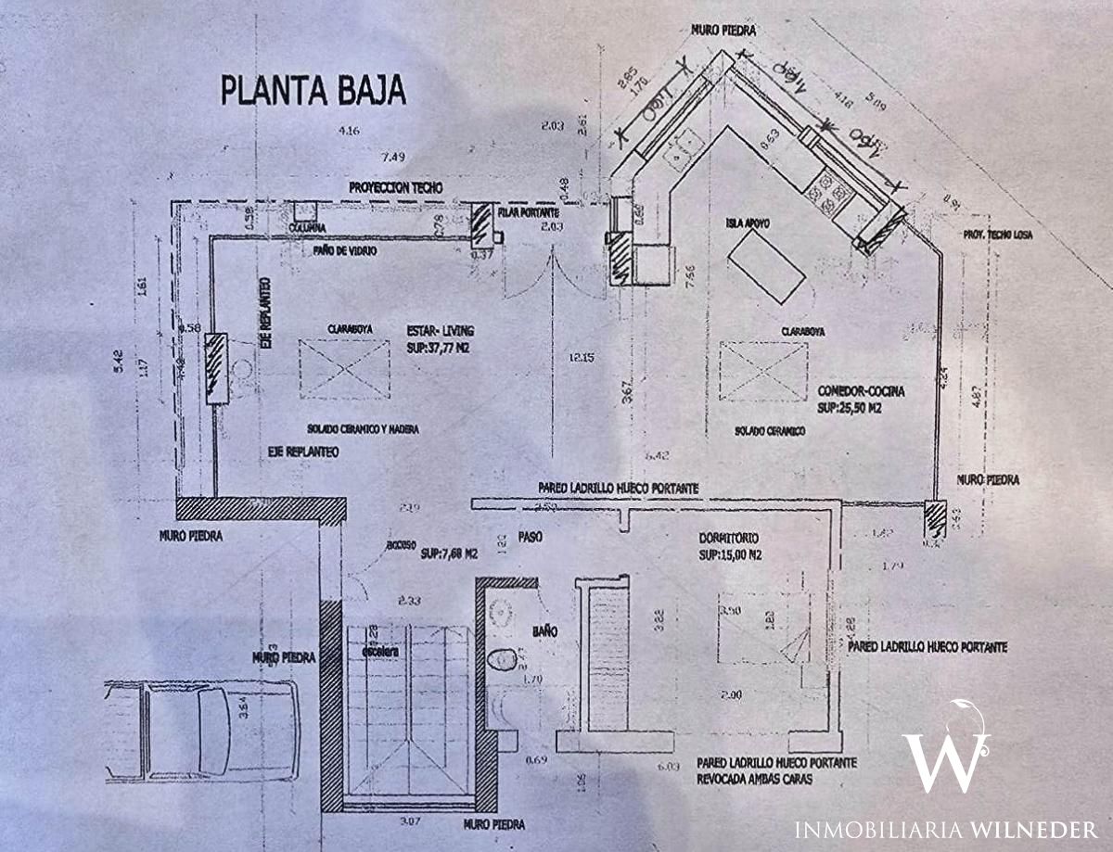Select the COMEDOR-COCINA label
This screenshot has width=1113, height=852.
(x=862, y=391)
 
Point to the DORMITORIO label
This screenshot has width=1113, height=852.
(x=730, y=538)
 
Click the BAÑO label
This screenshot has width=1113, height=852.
(x=544, y=630)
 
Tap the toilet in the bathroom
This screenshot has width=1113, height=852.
(x=501, y=659)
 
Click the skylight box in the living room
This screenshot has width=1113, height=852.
(x=345, y=369)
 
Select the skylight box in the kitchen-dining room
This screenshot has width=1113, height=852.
(x=762, y=372)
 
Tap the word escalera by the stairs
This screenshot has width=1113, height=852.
(x=380, y=654)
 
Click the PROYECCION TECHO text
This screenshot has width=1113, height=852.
(x=396, y=187)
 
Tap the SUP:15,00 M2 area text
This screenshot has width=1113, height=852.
(x=732, y=556)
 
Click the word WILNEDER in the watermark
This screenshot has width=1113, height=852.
(x=1034, y=828)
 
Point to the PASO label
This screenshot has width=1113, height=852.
(x=530, y=537)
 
